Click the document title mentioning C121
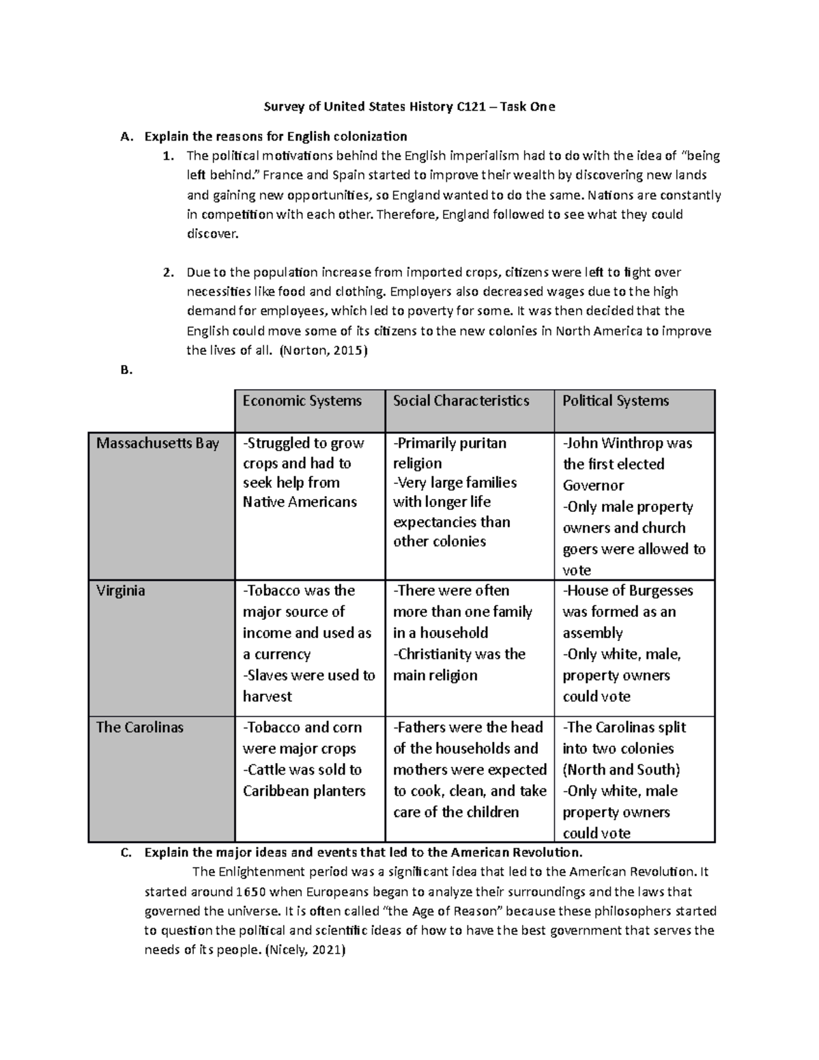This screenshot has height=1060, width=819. coord(409,106)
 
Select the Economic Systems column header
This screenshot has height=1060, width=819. coord(302,401)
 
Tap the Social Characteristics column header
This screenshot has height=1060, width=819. coord(461,401)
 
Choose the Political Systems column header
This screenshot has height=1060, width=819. coord(616,401)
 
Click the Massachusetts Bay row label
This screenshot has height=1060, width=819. coord(158,444)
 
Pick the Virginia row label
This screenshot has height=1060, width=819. coord(121,590)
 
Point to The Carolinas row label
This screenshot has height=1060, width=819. coord(140,727)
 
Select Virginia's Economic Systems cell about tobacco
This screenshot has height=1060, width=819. coord(309,643)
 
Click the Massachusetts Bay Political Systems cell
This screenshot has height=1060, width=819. coord(634,506)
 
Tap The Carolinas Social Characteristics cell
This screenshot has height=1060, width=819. coord(470,769)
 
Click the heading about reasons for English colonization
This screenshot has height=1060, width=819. coord(276,136)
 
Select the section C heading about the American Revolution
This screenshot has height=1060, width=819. coord(364,852)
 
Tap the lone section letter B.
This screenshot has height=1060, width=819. coord(124,371)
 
